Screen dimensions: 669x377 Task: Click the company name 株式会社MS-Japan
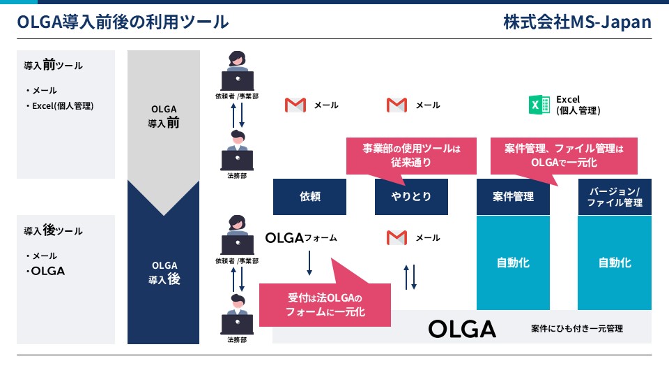coord(577,22)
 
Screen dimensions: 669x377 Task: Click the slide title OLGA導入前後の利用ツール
coord(123,22)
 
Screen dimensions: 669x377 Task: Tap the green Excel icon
coord(539,105)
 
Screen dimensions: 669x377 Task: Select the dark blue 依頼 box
coord(309,197)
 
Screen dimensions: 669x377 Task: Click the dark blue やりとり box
coord(411,197)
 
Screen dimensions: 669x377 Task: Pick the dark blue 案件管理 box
coord(513,197)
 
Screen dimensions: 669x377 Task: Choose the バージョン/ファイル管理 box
coord(615,197)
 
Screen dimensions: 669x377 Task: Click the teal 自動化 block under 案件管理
coord(513,263)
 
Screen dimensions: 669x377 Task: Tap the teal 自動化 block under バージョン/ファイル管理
coord(615,263)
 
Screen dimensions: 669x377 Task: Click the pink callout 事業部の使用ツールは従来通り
coord(411,156)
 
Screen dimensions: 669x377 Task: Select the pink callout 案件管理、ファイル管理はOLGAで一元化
coord(564,156)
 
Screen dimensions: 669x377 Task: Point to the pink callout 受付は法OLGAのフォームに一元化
coord(325,304)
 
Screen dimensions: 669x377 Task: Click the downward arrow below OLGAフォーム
coord(309,263)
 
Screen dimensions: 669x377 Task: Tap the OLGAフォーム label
coord(301,237)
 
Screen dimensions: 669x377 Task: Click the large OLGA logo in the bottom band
coord(462,329)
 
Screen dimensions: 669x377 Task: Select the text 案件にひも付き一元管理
coord(577,329)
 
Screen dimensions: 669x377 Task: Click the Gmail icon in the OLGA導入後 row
coord(397,237)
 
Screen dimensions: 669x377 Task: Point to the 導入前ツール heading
coord(54,65)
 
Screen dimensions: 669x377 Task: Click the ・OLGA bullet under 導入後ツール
coord(45,271)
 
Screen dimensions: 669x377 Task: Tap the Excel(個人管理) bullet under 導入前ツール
coord(60,106)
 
